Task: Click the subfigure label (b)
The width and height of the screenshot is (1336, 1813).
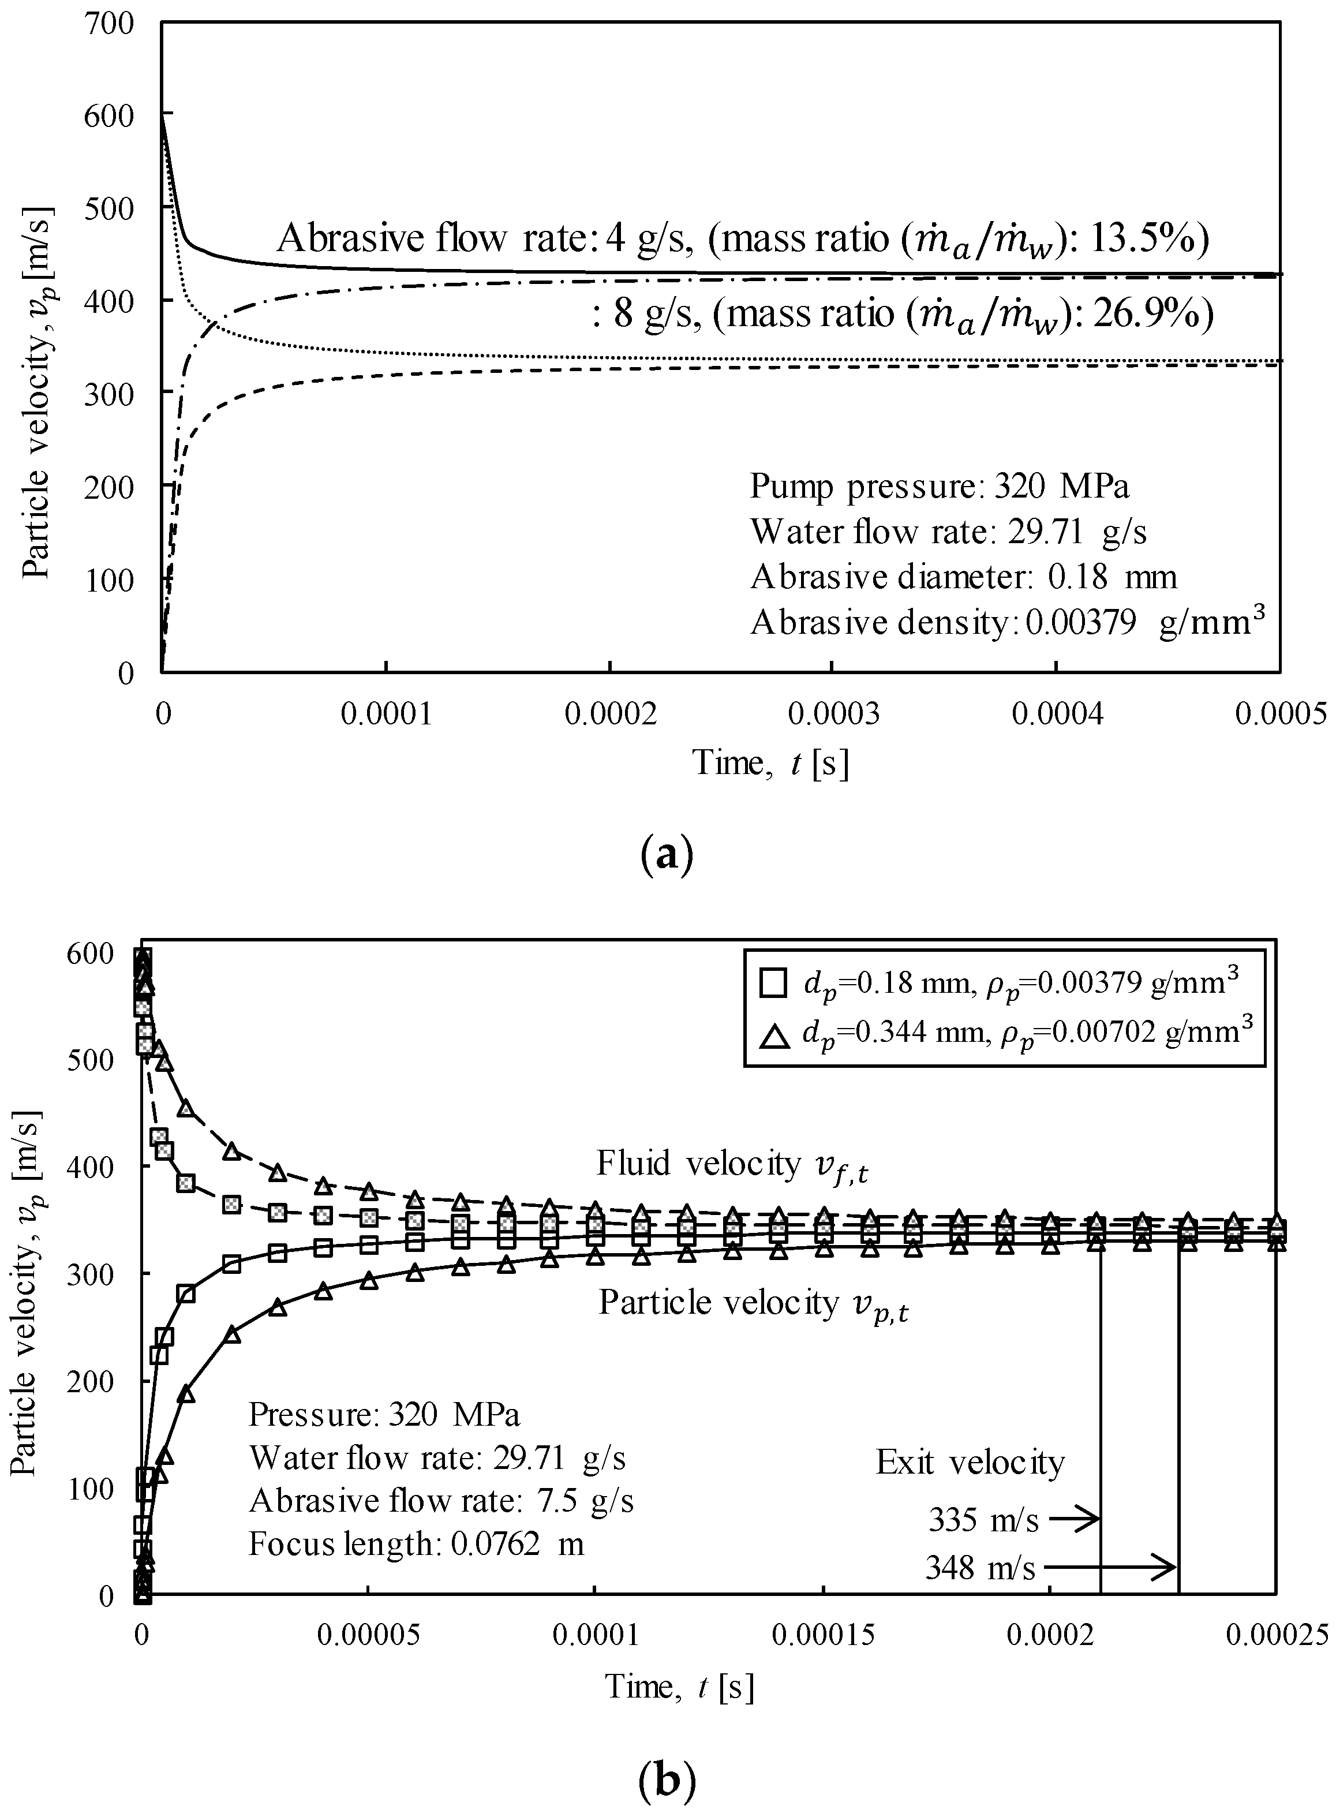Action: point(667,1779)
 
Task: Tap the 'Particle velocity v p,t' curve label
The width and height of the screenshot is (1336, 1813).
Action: point(753,1303)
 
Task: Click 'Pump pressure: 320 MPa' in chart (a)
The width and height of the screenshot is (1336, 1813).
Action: point(939,486)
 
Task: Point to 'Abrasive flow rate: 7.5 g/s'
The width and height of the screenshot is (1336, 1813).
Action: point(441,1500)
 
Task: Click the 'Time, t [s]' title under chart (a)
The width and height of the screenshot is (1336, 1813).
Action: point(770,762)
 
